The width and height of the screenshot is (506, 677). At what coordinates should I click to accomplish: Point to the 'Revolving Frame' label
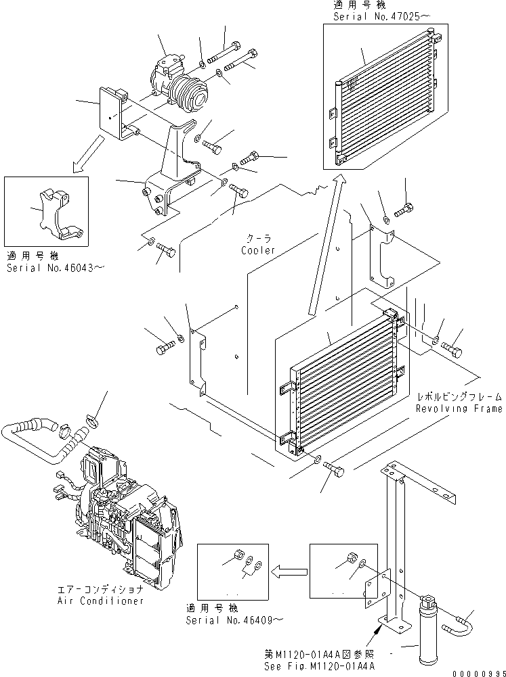[459, 408]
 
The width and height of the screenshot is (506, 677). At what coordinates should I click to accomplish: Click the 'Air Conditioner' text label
[102, 601]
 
